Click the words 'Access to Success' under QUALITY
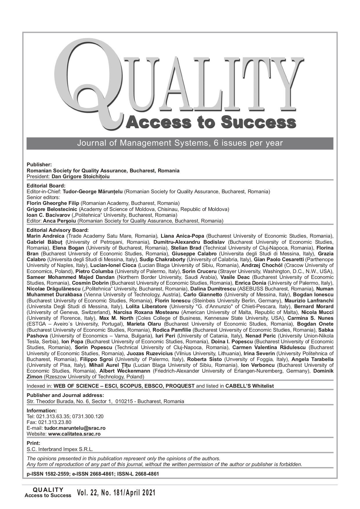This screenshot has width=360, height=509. point(211,122)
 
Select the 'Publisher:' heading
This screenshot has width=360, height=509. point(39,165)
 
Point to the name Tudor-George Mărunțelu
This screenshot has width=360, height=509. point(93,192)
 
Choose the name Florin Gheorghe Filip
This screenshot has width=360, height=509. point(53,203)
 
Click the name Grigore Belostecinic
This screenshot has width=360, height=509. point(52,209)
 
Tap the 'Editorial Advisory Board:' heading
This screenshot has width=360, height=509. point(58,230)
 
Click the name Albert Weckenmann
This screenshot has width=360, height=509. point(125,371)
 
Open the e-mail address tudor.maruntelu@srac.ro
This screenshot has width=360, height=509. point(75,428)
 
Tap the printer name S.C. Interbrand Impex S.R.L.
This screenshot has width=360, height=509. point(60,449)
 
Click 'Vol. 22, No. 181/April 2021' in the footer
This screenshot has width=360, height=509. point(116,493)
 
